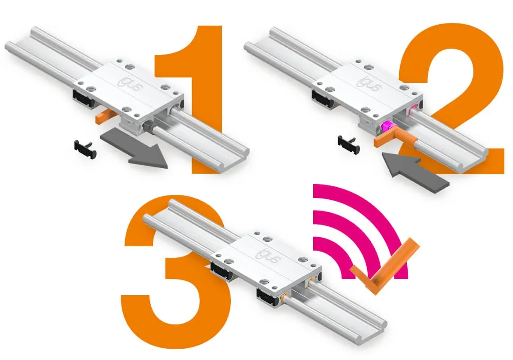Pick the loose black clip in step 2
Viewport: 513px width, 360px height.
coord(349,143)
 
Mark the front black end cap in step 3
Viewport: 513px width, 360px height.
coord(267,297)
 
